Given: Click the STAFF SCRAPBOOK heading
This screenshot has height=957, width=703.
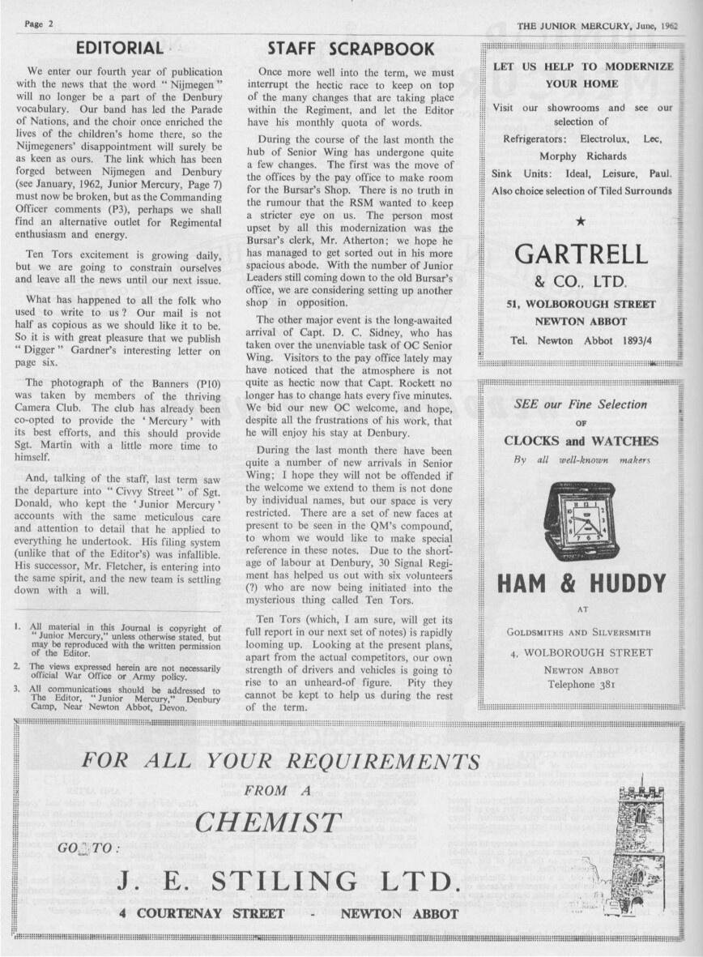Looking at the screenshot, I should tap(351, 49).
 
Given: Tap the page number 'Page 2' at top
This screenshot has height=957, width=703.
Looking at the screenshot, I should tap(39, 23).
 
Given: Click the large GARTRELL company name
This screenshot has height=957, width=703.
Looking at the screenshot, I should tap(582, 254).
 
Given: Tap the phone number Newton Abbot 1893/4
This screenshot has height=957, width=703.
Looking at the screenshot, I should tap(582, 340).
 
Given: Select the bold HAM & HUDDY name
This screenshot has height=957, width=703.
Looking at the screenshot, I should tap(582, 583).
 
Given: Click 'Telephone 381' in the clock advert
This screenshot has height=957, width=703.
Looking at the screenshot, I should tap(582, 684).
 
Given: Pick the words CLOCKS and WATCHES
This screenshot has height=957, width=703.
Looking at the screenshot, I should tap(582, 442).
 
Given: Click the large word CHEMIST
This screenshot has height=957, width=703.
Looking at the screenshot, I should tap(267, 822).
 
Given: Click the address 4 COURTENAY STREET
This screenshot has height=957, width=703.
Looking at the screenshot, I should tap(202, 914).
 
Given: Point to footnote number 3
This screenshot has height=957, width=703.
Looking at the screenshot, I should tap(17, 690).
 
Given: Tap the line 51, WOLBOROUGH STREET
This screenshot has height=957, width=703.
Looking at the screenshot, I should tap(582, 305).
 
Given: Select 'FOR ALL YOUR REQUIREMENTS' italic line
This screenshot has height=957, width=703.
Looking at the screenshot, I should tap(281, 762).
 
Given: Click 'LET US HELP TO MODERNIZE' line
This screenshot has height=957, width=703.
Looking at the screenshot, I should tap(583, 67).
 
